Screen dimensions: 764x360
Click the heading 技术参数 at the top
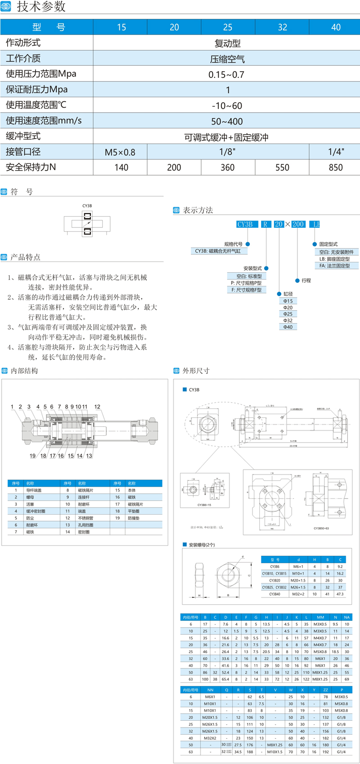pyautogui.click(x=41, y=7)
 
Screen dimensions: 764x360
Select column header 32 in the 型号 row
pyautogui.click(x=282, y=27)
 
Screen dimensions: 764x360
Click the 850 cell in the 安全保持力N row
pyautogui.click(x=335, y=167)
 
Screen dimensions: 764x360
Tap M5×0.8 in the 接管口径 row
pyautogui.click(x=120, y=152)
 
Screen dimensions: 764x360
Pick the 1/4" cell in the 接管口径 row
pyautogui.click(x=335, y=152)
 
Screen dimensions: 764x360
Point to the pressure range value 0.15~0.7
pyautogui.click(x=226, y=75)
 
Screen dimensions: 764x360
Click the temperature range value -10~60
pyautogui.click(x=227, y=106)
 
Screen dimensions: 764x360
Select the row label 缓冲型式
pyautogui.click(x=23, y=136)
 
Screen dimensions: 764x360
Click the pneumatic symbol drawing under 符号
pyautogui.click(x=87, y=223)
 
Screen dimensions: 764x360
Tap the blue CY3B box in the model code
pyautogui.click(x=245, y=224)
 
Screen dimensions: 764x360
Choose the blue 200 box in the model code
pyautogui.click(x=298, y=224)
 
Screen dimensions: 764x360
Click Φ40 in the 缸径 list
pyautogui.click(x=288, y=327)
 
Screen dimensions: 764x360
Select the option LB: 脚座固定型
pyautogui.click(x=334, y=259)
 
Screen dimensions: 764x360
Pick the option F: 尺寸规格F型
pyautogui.click(x=246, y=290)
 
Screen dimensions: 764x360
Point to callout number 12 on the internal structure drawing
pyautogui.click(x=97, y=407)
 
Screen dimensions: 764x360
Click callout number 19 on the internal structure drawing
pyautogui.click(x=32, y=456)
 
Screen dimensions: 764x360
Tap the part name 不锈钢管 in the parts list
pyautogui.click(x=85, y=518)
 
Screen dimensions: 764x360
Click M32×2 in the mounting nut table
pyautogui.click(x=298, y=594)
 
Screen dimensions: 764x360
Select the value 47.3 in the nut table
pyautogui.click(x=340, y=594)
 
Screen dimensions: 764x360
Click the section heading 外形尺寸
pyautogui.click(x=196, y=371)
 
